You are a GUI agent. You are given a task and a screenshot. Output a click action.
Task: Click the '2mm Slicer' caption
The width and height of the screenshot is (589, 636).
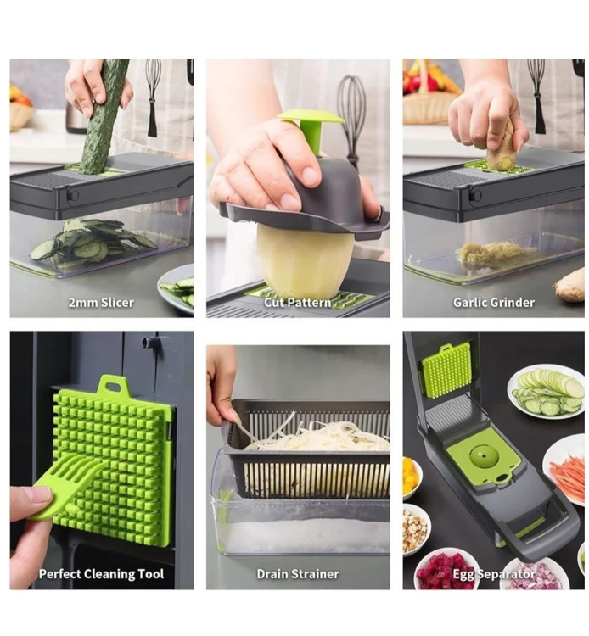(x=101, y=303)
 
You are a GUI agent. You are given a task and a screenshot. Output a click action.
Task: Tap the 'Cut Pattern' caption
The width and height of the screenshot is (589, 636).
(x=298, y=303)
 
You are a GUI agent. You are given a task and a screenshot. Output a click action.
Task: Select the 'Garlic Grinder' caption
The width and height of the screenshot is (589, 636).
(x=494, y=303)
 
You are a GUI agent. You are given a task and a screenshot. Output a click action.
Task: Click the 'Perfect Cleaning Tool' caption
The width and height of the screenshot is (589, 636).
(x=101, y=574)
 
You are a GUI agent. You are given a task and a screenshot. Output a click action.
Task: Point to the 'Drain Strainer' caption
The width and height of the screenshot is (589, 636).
(x=298, y=574)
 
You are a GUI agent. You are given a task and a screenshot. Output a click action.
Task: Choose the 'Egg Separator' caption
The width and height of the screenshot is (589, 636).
(x=494, y=574)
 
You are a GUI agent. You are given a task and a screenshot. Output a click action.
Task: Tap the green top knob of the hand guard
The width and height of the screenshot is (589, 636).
(x=311, y=126)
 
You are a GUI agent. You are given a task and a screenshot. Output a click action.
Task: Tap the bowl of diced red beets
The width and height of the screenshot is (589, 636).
(x=441, y=567)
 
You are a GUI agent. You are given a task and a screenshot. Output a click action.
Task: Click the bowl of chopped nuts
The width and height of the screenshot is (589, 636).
(x=415, y=528)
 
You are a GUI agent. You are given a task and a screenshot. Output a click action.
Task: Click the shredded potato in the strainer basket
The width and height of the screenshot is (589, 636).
(x=317, y=436)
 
